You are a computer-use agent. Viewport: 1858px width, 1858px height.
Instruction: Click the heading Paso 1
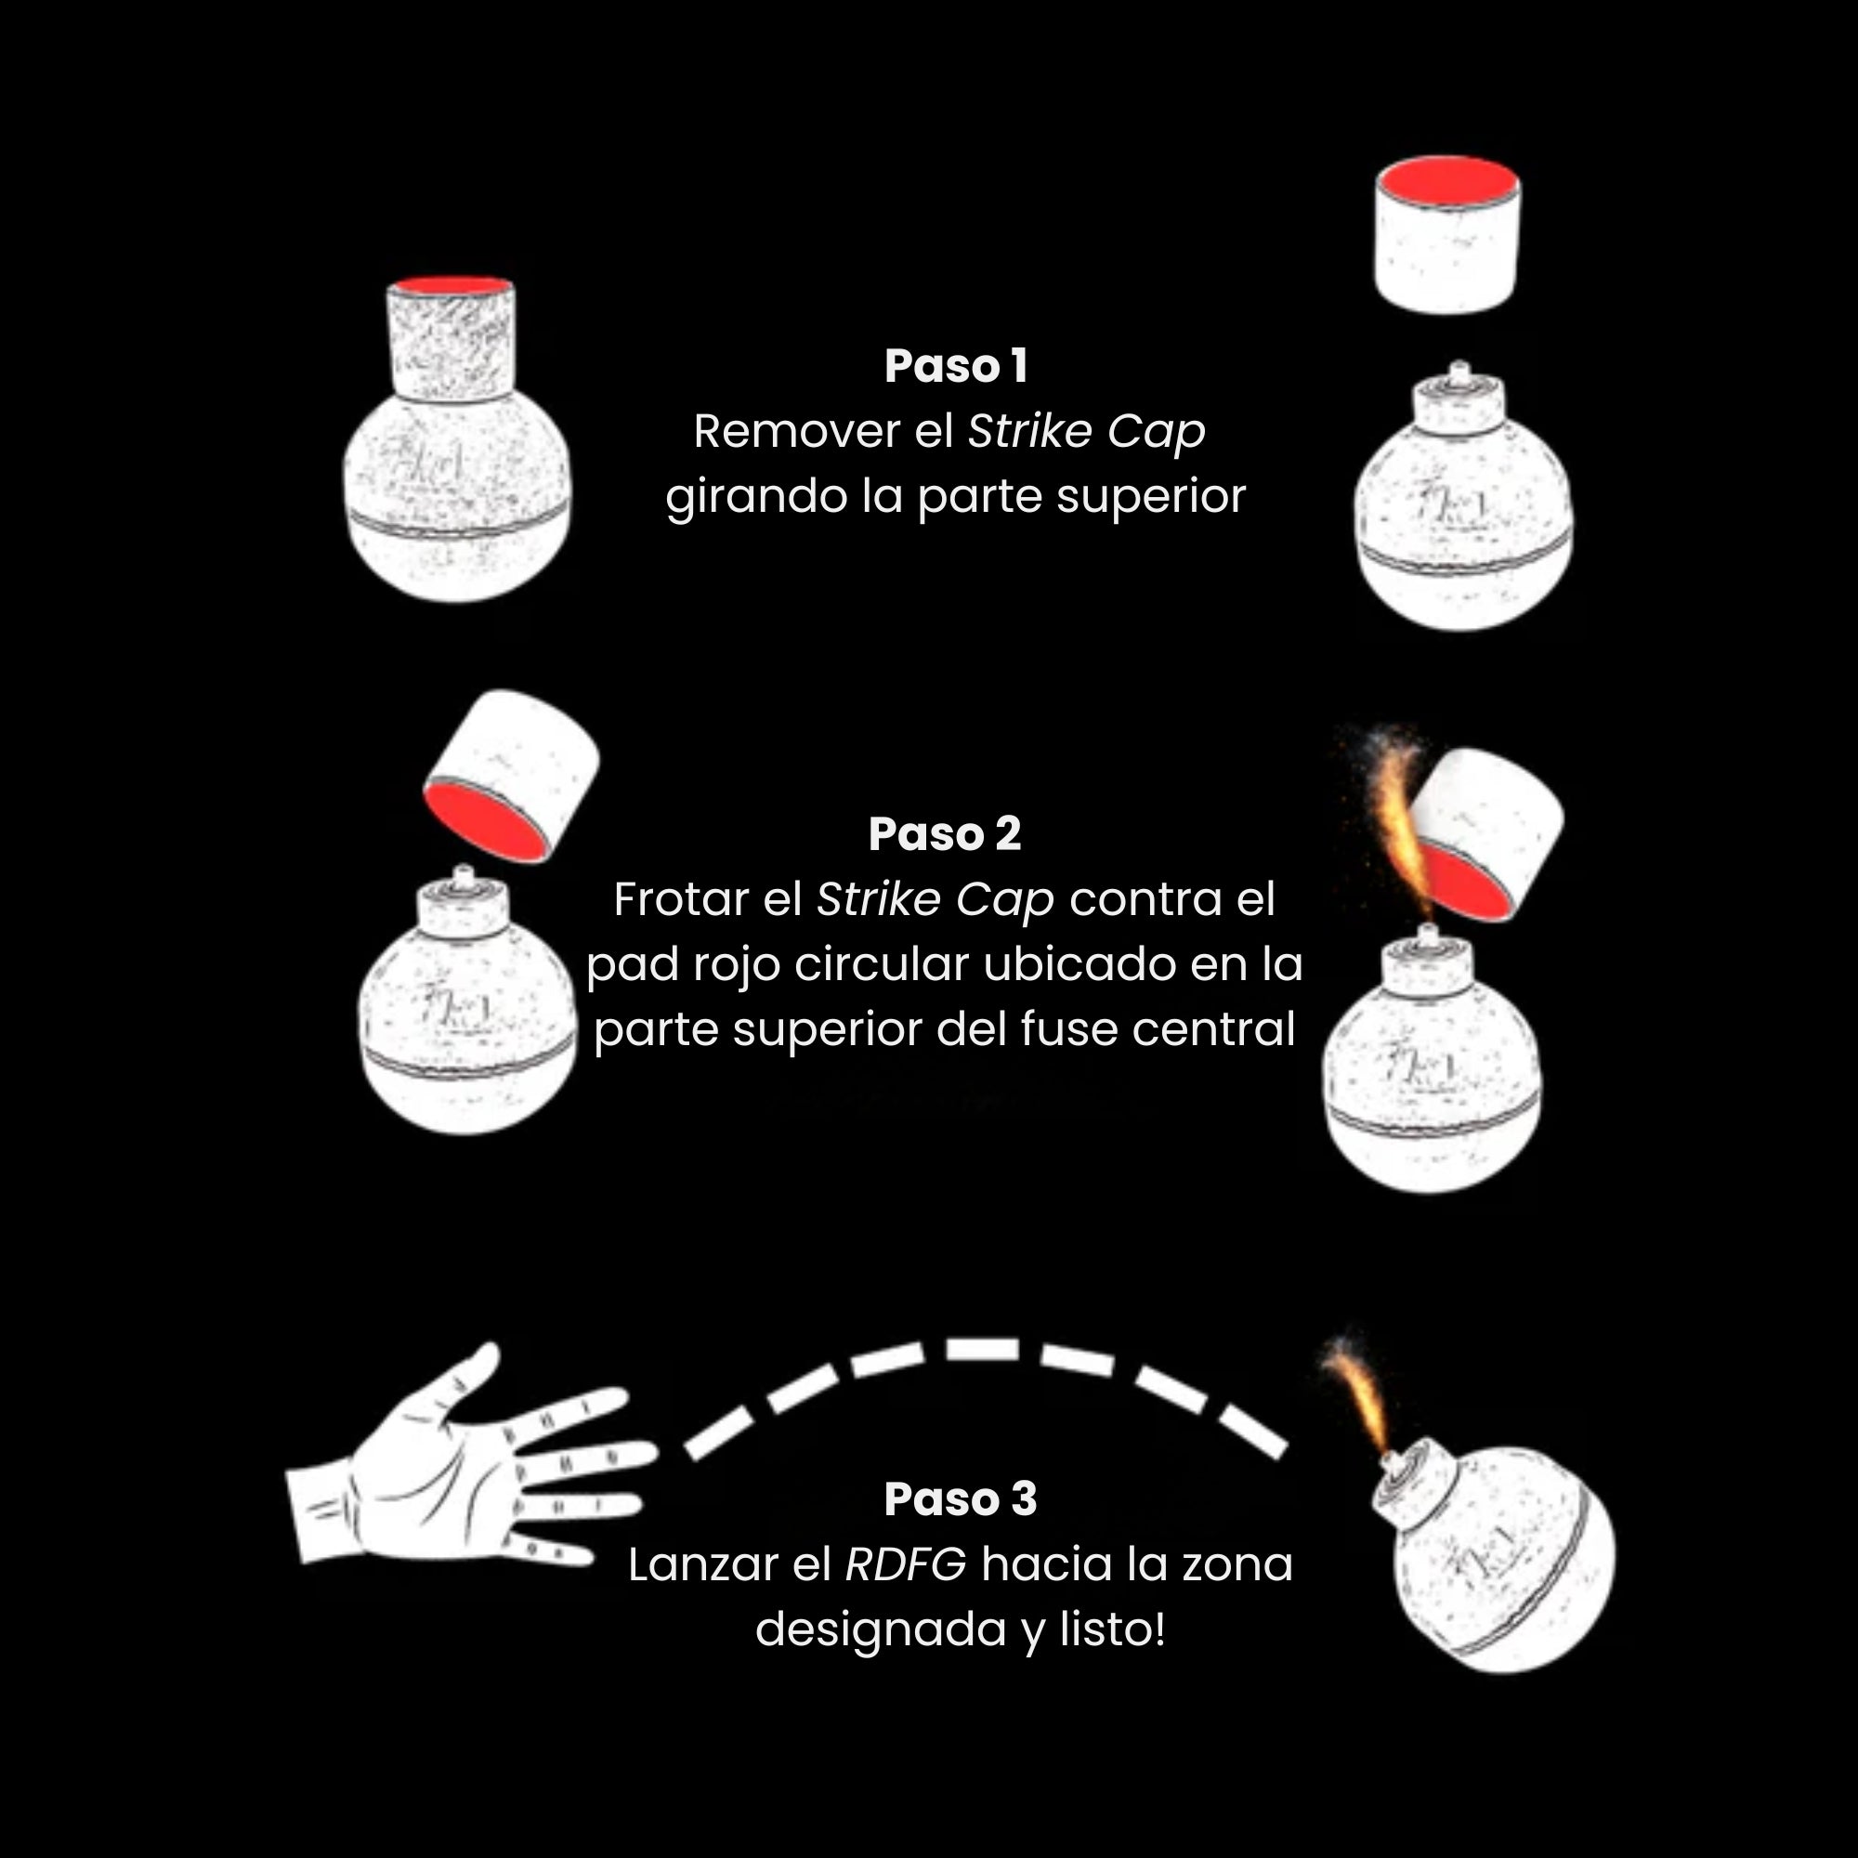click(956, 366)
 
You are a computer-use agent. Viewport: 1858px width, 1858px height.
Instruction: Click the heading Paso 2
click(945, 834)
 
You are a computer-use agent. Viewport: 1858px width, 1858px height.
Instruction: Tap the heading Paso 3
click(960, 1499)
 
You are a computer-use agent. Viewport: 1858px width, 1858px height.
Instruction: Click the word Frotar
click(681, 900)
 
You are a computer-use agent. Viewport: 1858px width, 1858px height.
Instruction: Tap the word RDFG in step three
click(905, 1564)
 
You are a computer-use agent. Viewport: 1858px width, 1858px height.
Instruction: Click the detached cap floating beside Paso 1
click(1446, 236)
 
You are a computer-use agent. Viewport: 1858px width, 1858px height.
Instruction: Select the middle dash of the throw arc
click(982, 1348)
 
